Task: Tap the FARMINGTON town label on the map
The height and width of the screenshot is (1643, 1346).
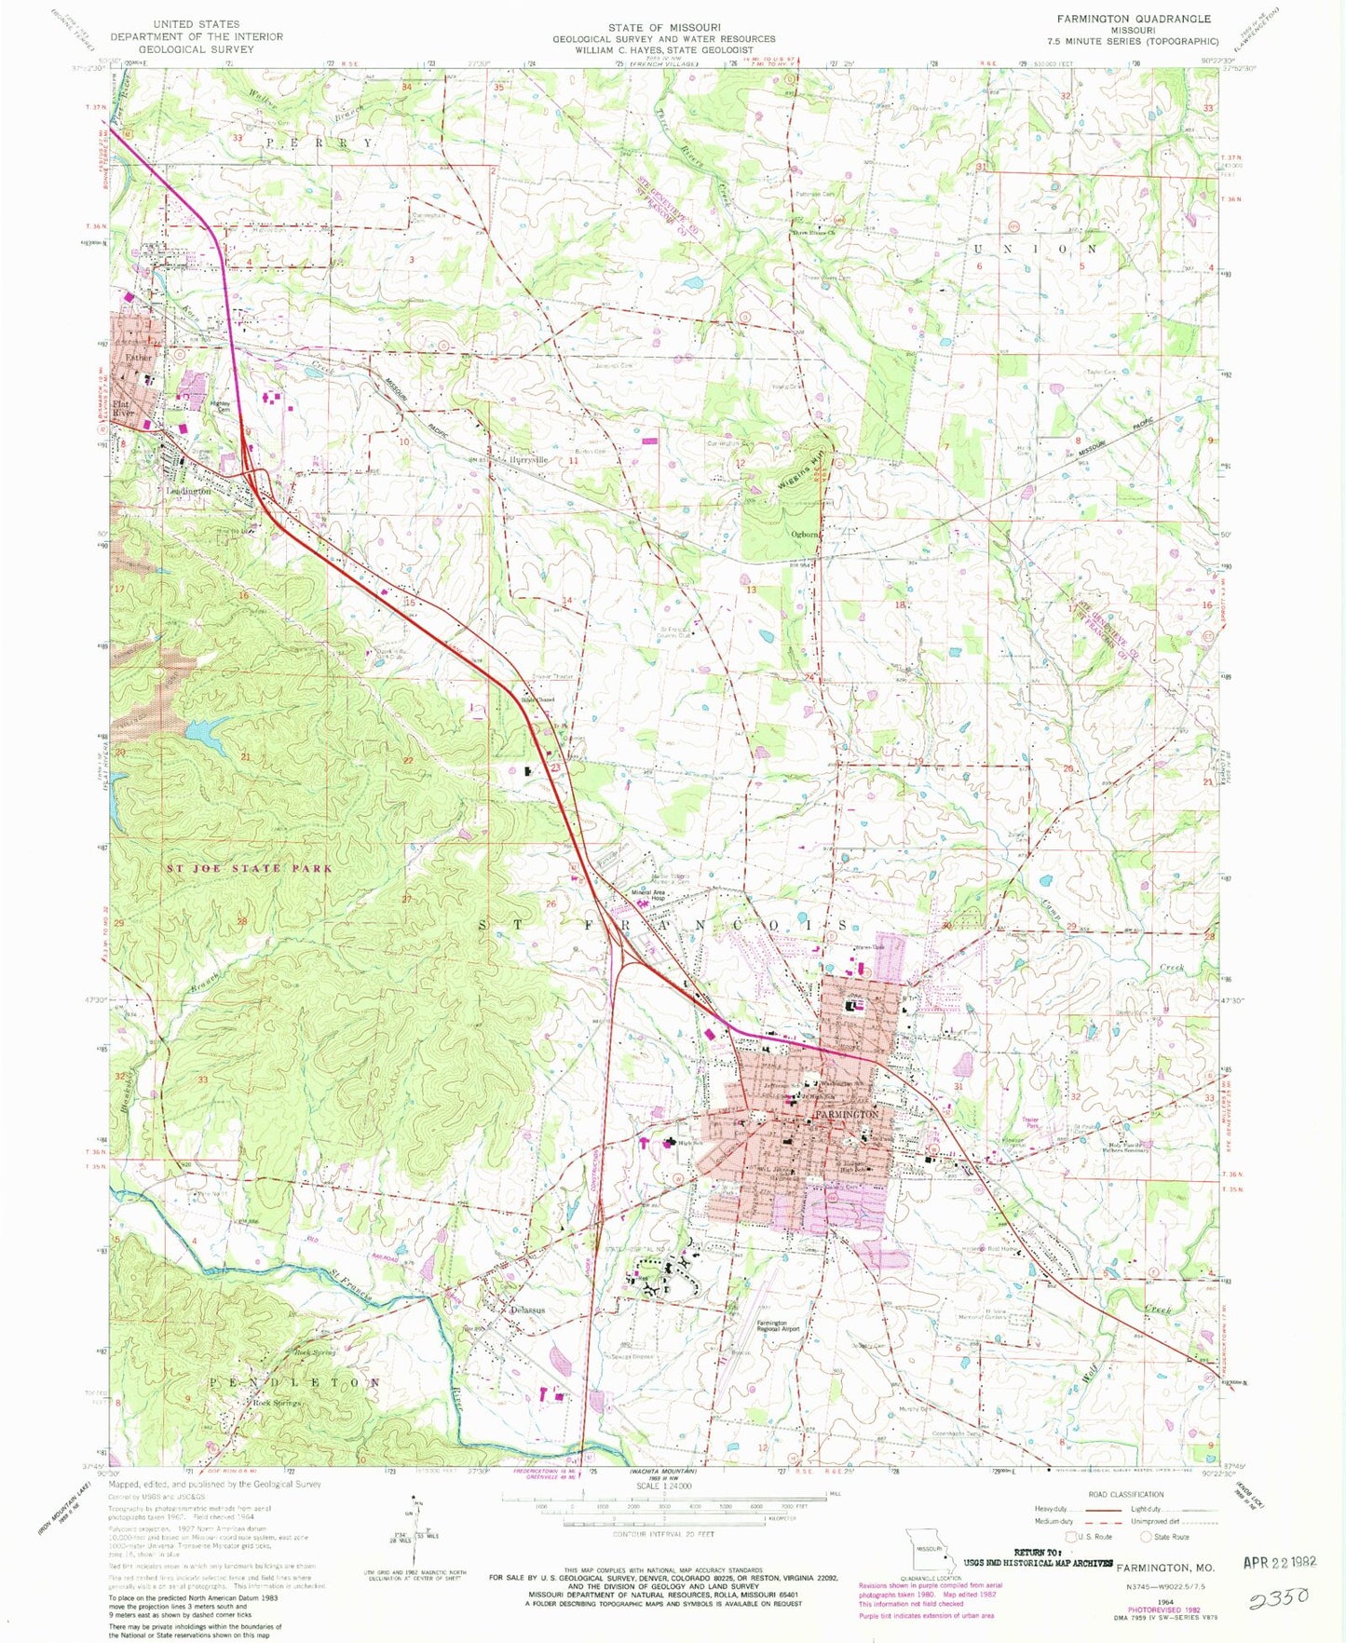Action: click(847, 1115)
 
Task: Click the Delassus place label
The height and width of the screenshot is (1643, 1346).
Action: click(527, 1310)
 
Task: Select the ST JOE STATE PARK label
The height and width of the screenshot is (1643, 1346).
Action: click(250, 868)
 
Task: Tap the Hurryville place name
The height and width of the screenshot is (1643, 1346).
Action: click(528, 460)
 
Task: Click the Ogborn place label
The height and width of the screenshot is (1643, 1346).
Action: click(804, 535)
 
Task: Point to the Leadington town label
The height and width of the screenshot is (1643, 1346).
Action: click(189, 491)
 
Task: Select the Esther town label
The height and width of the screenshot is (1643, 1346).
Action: click(138, 357)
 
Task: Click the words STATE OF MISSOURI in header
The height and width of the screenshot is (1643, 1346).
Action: click(663, 28)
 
